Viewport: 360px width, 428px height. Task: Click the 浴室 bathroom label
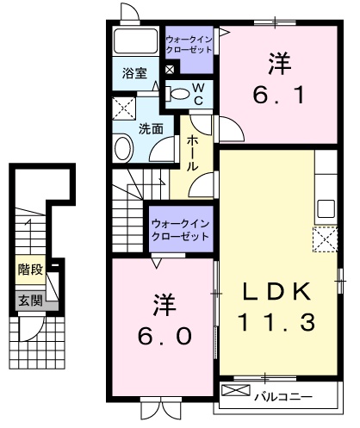(133, 74)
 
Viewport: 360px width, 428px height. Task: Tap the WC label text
(197, 93)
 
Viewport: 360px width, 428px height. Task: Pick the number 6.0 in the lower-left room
(161, 321)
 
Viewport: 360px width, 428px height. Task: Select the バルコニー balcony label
(282, 396)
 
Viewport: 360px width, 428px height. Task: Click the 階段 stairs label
(31, 270)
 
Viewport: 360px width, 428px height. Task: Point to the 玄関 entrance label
(30, 301)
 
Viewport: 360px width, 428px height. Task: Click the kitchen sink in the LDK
(326, 208)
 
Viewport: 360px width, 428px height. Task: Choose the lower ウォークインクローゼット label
(180, 229)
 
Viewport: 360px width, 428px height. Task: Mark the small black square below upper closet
(169, 70)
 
